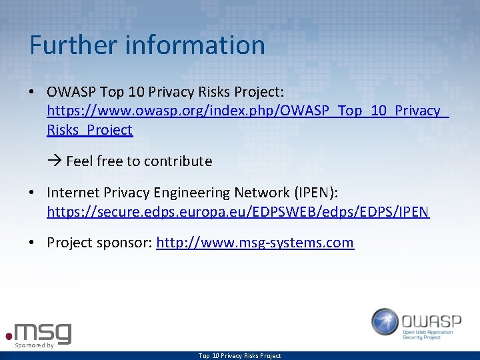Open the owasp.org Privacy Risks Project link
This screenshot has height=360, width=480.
tap(243, 111)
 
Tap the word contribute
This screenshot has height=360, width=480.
tap(178, 161)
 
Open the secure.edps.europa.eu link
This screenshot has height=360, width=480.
tap(238, 212)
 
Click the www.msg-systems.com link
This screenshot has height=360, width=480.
tap(255, 243)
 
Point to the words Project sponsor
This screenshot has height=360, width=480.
tap(99, 243)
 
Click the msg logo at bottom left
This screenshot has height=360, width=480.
tap(41, 331)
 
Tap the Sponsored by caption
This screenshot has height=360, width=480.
tap(34, 345)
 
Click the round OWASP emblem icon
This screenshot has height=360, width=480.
tap(385, 321)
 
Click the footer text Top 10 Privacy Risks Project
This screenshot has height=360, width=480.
tap(239, 356)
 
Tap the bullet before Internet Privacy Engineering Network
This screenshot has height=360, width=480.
tap(32, 193)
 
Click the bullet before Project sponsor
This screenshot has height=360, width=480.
tap(32, 243)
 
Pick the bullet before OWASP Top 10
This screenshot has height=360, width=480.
tap(32, 91)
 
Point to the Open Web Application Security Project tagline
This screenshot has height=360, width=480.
tap(431, 335)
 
